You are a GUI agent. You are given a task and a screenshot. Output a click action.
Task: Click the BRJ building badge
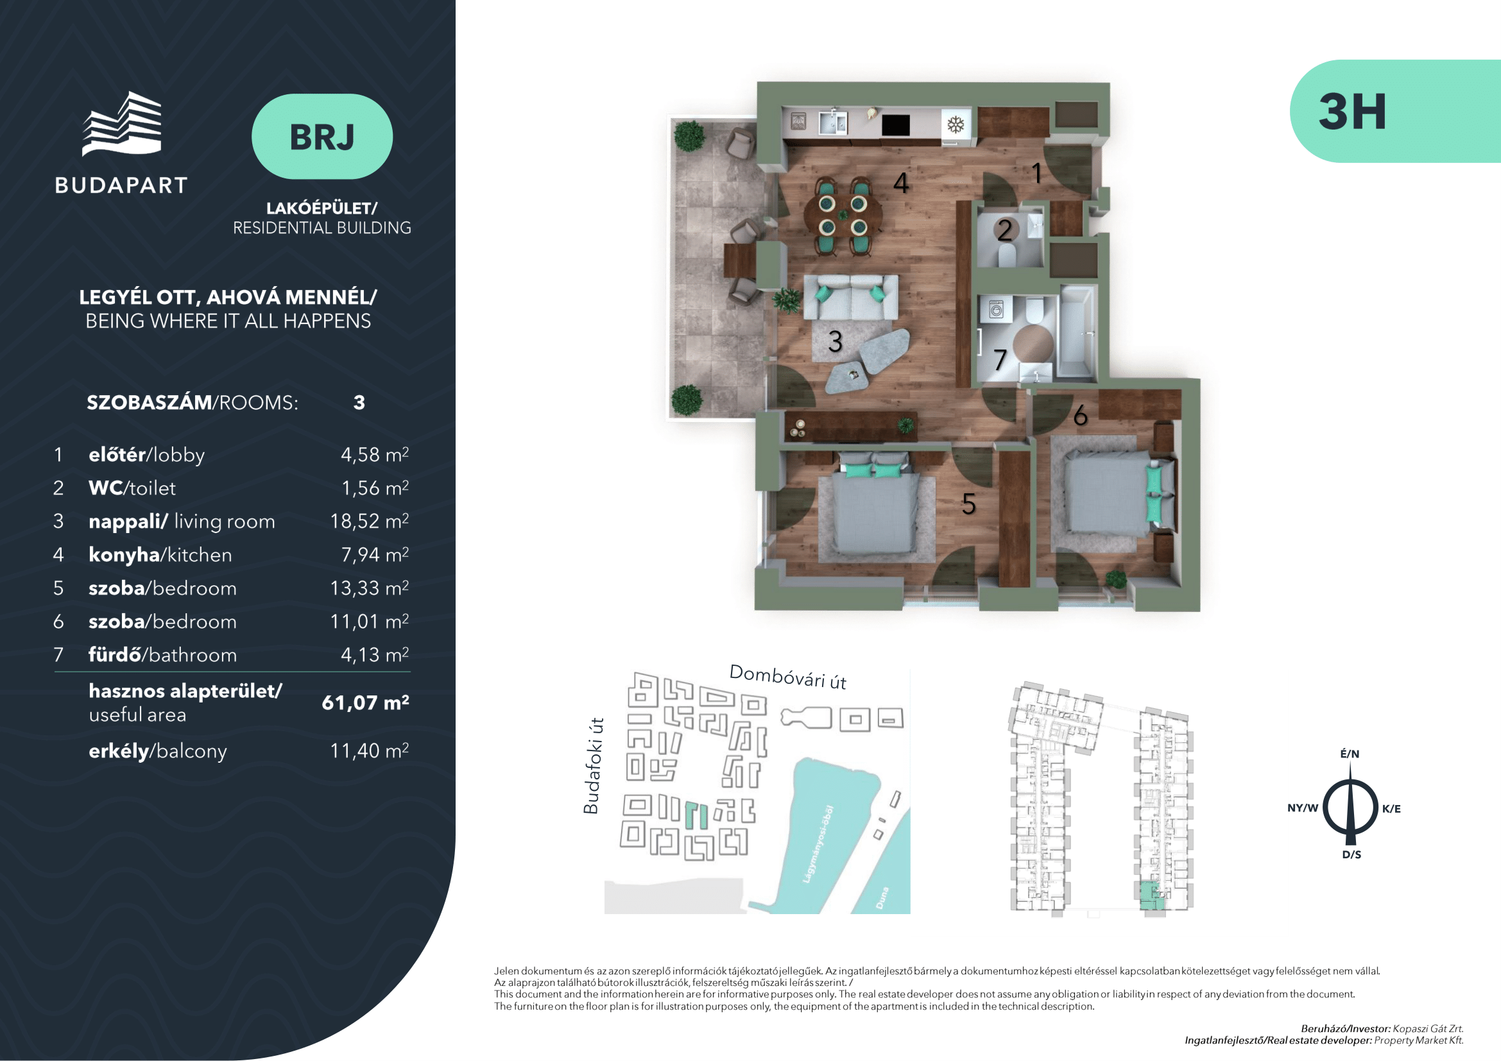[322, 137]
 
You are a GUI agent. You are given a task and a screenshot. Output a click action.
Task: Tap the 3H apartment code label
[1352, 112]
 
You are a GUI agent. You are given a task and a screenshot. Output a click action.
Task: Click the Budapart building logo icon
[121, 123]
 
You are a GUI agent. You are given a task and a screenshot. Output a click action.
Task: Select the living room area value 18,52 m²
[370, 522]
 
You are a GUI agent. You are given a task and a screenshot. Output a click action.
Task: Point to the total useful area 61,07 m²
[365, 703]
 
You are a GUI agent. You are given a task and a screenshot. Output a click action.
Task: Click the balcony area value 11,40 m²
[370, 751]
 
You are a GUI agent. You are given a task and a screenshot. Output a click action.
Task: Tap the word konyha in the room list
[124, 556]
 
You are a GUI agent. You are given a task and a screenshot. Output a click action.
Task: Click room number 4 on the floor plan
[901, 183]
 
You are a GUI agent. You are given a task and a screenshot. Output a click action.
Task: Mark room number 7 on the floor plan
[1000, 360]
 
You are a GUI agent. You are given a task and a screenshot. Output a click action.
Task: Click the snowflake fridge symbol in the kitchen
[956, 125]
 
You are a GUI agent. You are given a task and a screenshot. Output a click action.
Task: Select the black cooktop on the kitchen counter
[896, 125]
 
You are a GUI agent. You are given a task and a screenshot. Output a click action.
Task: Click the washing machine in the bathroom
[996, 309]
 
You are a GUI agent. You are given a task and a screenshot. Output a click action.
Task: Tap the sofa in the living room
[850, 297]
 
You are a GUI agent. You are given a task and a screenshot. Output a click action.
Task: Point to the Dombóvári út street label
[788, 677]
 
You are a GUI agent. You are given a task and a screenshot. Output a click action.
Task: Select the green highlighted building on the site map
[696, 815]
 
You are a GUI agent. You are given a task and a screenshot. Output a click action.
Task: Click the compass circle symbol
[1351, 808]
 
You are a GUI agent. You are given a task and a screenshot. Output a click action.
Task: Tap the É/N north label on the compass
[1350, 754]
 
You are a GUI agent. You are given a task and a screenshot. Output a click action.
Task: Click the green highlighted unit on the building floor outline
[1152, 895]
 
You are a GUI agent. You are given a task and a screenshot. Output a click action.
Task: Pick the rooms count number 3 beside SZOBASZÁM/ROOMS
[359, 402]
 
